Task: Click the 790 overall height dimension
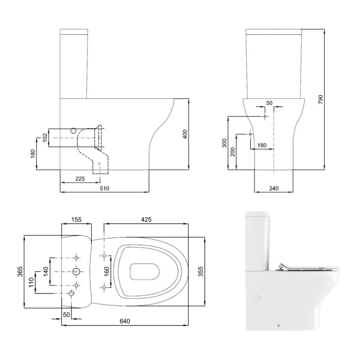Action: (320, 100)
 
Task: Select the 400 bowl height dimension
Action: (184, 134)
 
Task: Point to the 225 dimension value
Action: (80, 179)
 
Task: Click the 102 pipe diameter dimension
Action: (45, 137)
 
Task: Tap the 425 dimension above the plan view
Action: (146, 220)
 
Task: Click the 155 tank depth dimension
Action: (76, 220)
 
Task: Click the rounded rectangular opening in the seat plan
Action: (145, 271)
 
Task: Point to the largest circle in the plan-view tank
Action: (76, 272)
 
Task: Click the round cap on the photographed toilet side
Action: (256, 298)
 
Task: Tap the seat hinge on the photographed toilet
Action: (283, 266)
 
